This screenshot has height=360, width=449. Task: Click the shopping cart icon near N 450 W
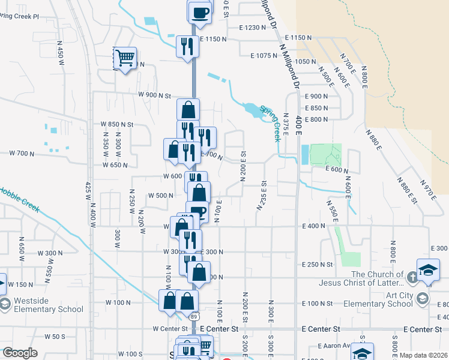[x=125, y=58]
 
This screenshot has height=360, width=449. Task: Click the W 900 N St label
[x=154, y=95]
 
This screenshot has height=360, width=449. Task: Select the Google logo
[x=20, y=353]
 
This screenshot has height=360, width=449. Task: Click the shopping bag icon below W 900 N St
[x=188, y=109]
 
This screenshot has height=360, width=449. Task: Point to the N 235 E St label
[x=262, y=195]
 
